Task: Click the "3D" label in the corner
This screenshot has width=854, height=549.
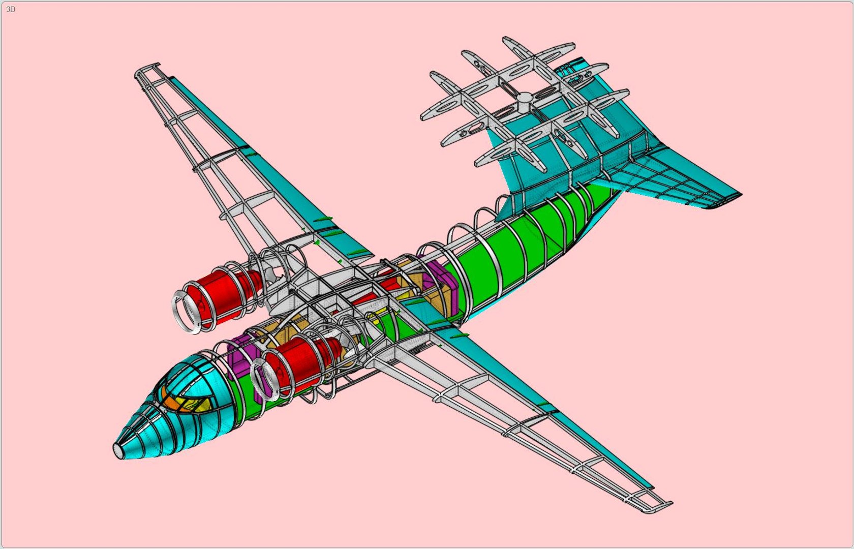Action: click(11, 9)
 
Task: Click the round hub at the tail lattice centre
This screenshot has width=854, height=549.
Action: click(525, 97)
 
